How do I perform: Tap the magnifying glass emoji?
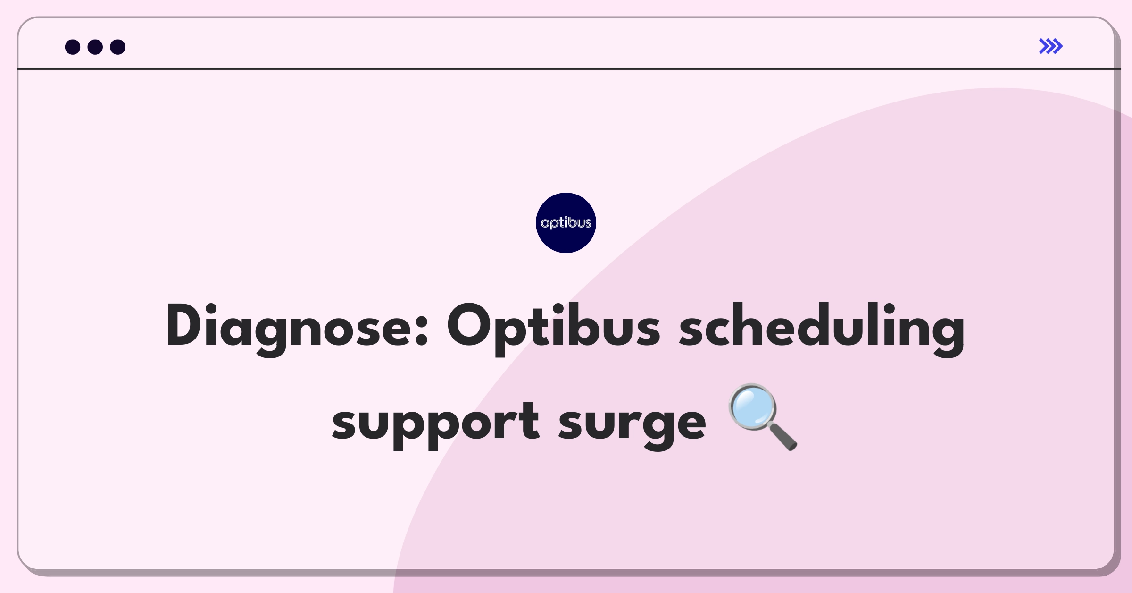(763, 416)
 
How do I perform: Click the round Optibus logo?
(566, 223)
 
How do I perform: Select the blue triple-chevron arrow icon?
(1051, 46)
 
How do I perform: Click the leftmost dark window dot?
(73, 47)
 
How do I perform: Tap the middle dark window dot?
(95, 47)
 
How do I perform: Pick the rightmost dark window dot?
(118, 47)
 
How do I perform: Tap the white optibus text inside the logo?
(566, 223)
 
